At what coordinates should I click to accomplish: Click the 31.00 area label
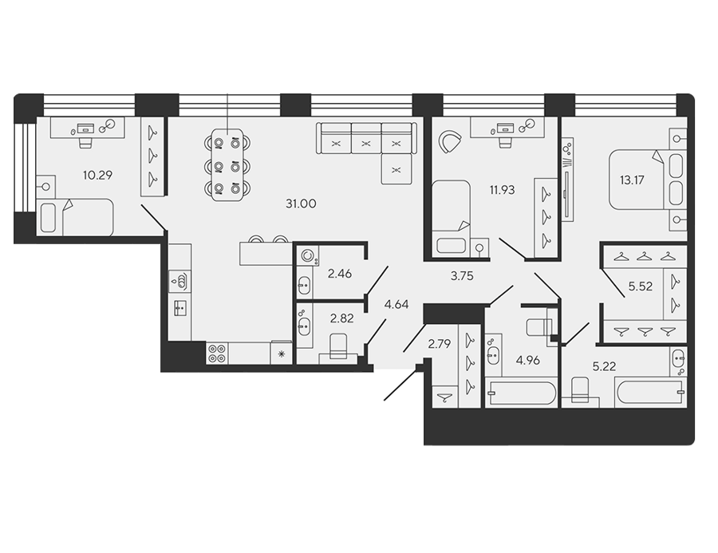pos(301,203)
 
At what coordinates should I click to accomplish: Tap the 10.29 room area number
pos(97,175)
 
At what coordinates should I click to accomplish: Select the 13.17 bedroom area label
pos(632,180)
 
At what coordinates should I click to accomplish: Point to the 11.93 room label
pos(503,190)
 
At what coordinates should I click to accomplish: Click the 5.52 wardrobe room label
pos(640,286)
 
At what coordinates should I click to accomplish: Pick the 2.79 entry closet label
pos(440,343)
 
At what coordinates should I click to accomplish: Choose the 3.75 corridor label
pos(462,276)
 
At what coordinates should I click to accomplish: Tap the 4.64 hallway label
pos(396,304)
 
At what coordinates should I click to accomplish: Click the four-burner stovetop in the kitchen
pos(217,354)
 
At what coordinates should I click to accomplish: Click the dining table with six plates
pos(227,165)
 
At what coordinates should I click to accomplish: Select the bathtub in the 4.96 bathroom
pos(522,393)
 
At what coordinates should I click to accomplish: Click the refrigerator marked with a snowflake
pos(281,353)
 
